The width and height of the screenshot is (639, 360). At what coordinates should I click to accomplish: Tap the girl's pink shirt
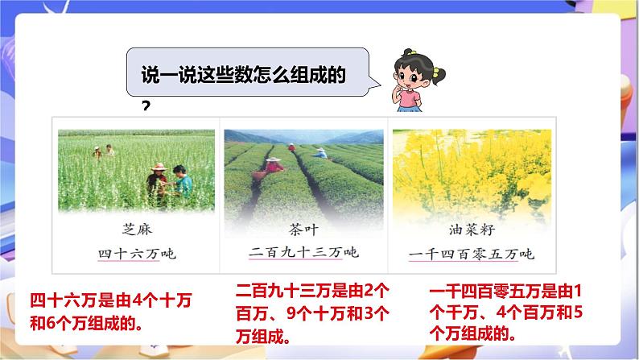pyautogui.click(x=410, y=99)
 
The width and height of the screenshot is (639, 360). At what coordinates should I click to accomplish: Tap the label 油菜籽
pyautogui.click(x=471, y=229)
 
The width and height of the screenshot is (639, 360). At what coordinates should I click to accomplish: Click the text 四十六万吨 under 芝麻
pyautogui.click(x=135, y=254)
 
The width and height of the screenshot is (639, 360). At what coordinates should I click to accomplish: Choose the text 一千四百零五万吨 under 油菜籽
pyautogui.click(x=471, y=254)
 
